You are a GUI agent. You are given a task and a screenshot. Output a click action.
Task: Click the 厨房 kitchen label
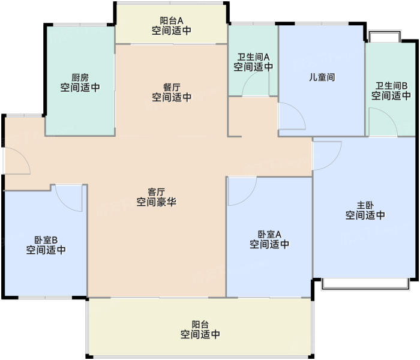pyautogui.click(x=80, y=77)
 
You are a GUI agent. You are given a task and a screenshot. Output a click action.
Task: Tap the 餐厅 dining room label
pyautogui.click(x=172, y=88)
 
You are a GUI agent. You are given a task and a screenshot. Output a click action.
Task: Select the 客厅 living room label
pyautogui.click(x=157, y=192)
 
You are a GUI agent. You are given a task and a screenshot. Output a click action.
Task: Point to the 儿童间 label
pyautogui.click(x=322, y=77)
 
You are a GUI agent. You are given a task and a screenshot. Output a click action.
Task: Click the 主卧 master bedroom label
pyautogui.click(x=365, y=205)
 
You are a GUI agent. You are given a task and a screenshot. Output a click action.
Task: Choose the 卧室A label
pyautogui.click(x=269, y=235)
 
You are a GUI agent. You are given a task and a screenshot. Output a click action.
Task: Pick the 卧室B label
pyautogui.click(x=46, y=240)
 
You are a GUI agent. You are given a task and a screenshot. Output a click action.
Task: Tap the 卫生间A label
pyautogui.click(x=253, y=57)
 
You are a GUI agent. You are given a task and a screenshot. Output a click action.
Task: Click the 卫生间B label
pyautogui.click(x=391, y=86)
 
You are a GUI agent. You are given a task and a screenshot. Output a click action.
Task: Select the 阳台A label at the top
pyautogui.click(x=172, y=20)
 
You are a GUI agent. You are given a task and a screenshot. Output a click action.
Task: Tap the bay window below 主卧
pyautogui.click(x=365, y=284)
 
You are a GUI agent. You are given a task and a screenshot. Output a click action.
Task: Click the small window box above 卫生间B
pyautogui.click(x=385, y=37)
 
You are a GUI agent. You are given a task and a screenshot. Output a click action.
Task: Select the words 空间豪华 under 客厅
pyautogui.click(x=157, y=202)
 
